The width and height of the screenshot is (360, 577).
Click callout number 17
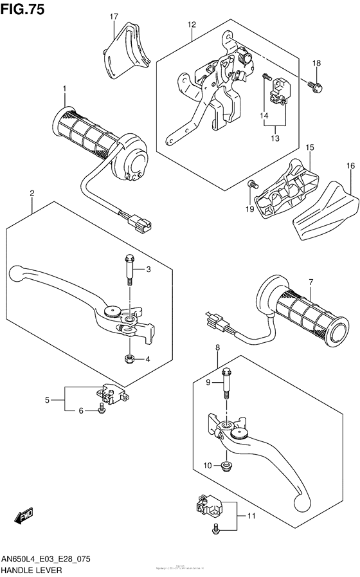pos(114,16)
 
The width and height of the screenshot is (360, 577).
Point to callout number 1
pos(64,88)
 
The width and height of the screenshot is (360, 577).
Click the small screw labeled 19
pos(252,185)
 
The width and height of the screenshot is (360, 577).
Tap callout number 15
pos(309,147)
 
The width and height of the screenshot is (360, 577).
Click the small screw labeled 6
pos(102,410)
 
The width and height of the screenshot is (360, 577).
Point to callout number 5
pos(47,400)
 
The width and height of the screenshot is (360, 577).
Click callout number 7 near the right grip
pos(310,281)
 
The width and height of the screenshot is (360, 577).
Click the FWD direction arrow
pos(25,516)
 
